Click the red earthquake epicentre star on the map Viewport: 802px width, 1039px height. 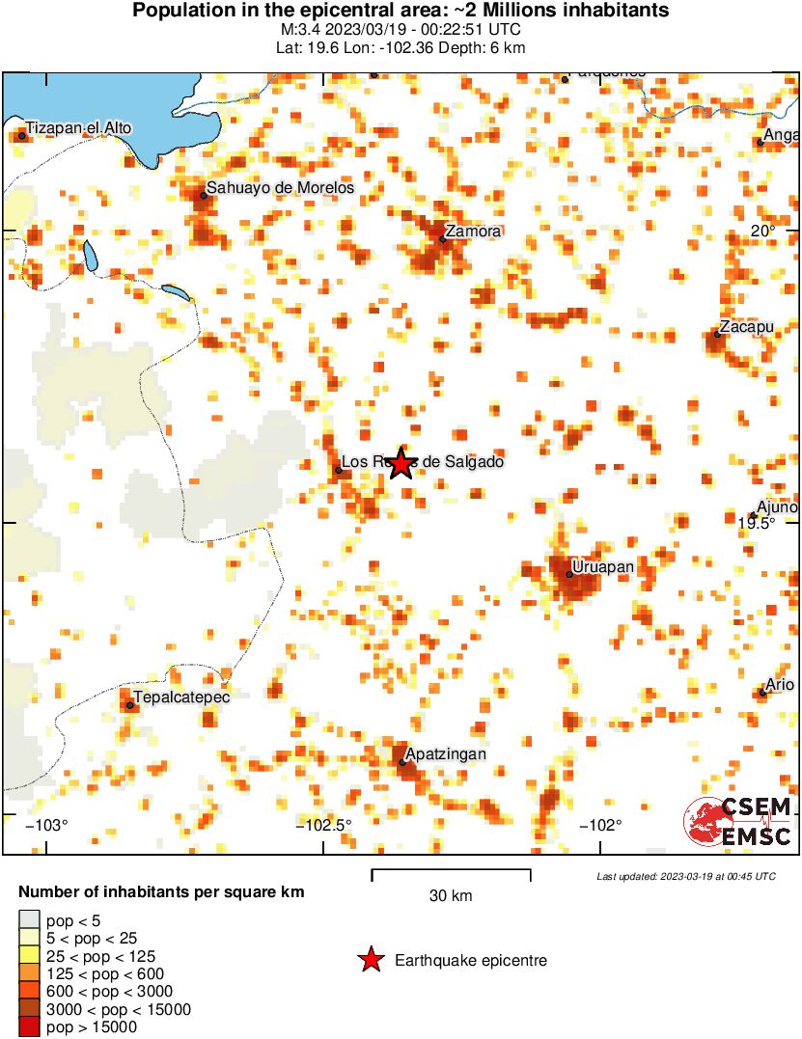click(x=400, y=464)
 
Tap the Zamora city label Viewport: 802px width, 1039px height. click(x=473, y=232)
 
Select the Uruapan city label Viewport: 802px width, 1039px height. click(x=602, y=566)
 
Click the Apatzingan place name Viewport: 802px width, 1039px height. click(x=445, y=753)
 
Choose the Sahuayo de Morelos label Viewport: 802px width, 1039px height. click(x=281, y=188)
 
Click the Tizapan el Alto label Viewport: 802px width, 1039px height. click(x=78, y=127)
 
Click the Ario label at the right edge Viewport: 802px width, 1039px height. click(x=780, y=685)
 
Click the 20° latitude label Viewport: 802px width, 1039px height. click(x=763, y=232)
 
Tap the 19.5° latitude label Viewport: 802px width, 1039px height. click(x=758, y=523)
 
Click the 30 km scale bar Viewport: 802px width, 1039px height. click(x=451, y=876)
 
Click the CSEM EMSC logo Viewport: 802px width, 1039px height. click(x=738, y=821)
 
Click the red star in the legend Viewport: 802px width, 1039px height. click(x=370, y=960)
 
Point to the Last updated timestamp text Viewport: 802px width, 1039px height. click(x=685, y=876)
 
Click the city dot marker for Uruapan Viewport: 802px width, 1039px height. click(x=569, y=575)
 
